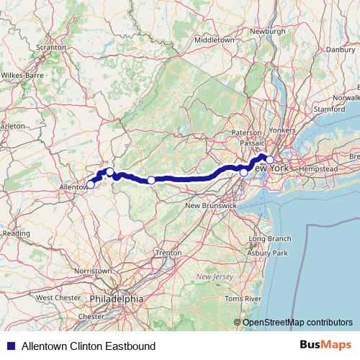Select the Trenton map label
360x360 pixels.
(168, 253)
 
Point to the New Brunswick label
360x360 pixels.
(211, 206)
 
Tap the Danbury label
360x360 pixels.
(341, 50)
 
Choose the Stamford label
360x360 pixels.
(330, 109)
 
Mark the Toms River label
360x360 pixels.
(242, 297)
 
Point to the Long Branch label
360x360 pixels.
(270, 238)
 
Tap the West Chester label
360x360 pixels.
(54, 297)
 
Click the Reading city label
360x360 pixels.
(16, 233)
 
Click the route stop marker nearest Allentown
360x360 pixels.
(90, 184)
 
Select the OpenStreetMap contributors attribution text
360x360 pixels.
(297, 323)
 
